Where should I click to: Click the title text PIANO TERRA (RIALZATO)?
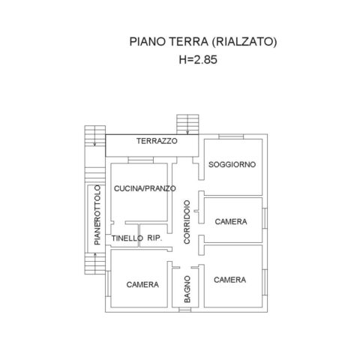203,41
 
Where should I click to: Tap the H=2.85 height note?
198,60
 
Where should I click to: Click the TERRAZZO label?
157,141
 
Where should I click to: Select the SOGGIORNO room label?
232,164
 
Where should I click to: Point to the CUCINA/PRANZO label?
145,188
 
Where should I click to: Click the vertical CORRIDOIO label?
187,222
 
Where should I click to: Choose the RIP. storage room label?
154,238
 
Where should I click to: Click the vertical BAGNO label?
187,289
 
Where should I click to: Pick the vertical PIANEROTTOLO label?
97,215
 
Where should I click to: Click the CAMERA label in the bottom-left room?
142,284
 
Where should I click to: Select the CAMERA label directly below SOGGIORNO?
231,221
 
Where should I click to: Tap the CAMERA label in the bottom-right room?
229,280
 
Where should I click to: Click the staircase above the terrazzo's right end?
187,124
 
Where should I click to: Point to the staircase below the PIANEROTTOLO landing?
95,263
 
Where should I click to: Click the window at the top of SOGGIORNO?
231,136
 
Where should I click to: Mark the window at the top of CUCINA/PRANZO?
140,160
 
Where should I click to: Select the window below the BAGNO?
185,310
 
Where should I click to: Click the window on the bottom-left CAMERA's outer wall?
108,283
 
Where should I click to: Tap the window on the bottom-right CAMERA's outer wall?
265,283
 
